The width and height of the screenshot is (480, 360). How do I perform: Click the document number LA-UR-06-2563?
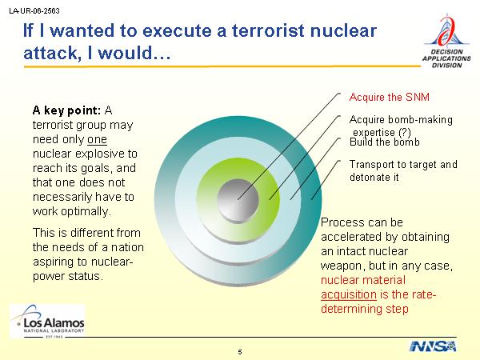(34, 11)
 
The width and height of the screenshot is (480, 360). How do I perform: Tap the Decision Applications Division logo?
(446, 41)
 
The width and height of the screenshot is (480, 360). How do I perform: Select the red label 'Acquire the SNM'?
(389, 97)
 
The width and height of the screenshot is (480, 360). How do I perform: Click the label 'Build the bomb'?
(385, 142)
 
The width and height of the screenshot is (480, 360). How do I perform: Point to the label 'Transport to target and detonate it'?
(403, 171)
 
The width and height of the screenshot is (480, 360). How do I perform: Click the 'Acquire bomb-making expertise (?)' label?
(401, 126)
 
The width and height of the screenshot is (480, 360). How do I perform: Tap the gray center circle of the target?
(238, 199)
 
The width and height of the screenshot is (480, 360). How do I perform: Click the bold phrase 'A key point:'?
(66, 110)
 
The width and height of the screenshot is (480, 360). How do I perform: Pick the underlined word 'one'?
(97, 139)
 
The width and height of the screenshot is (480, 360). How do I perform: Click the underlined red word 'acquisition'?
(349, 294)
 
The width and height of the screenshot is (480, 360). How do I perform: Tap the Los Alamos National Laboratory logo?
(48, 322)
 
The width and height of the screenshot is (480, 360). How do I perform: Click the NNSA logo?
(433, 346)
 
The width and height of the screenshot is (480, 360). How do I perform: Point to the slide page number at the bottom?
(240, 352)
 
